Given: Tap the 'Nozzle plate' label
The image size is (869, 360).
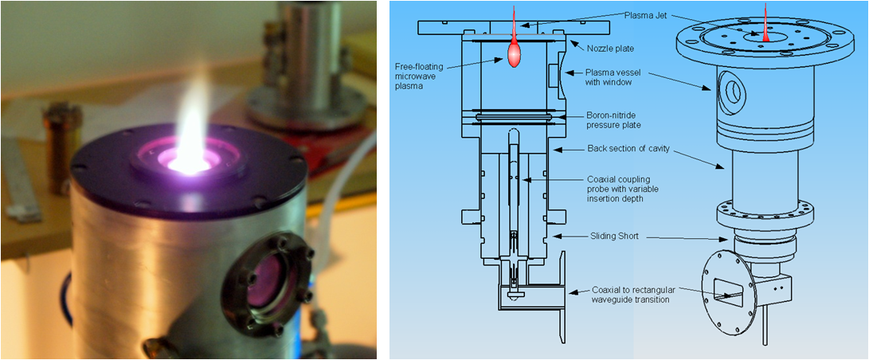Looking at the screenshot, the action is [x=610, y=49].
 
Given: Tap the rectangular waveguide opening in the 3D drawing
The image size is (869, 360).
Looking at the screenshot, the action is [x=727, y=292].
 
